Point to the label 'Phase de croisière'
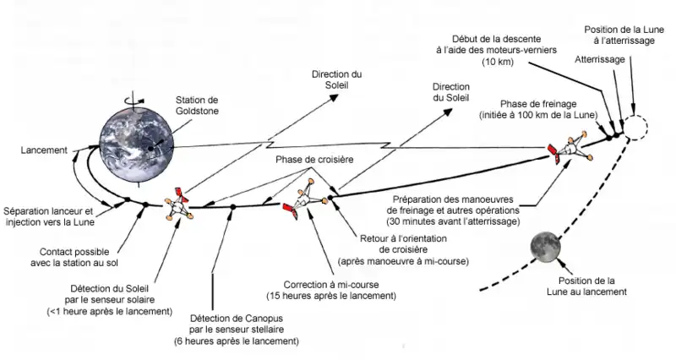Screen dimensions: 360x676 point(313,159)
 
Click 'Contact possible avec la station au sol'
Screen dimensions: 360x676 point(82,257)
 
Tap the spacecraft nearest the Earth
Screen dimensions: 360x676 point(177,205)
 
